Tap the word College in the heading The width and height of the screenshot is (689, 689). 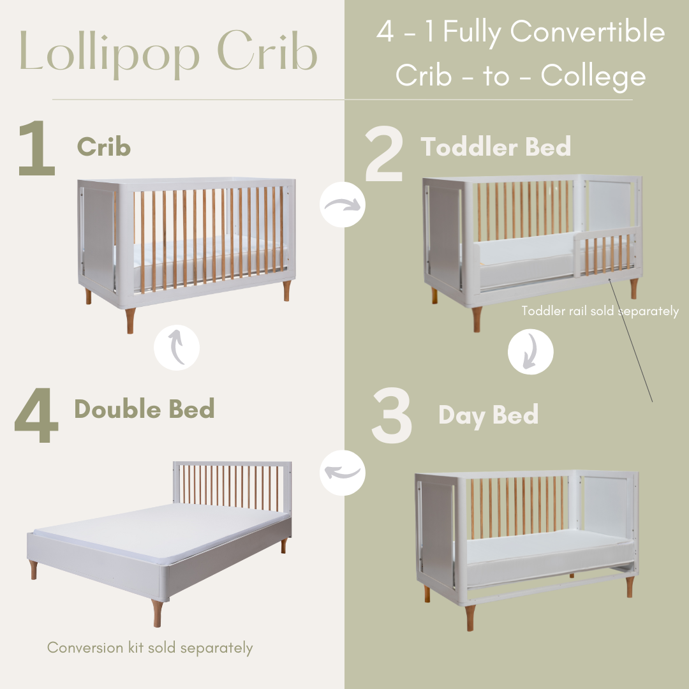(593, 77)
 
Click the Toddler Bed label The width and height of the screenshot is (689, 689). (496, 147)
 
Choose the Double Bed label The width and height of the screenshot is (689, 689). (144, 409)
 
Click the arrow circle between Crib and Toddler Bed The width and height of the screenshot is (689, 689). (342, 204)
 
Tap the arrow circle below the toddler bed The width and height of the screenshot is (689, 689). (530, 352)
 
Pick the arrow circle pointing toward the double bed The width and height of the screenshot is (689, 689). (342, 473)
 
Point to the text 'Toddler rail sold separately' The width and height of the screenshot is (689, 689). (600, 311)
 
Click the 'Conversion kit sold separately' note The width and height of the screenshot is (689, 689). (150, 648)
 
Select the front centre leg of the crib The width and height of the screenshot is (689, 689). (130, 320)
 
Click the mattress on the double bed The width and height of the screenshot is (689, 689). (153, 533)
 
